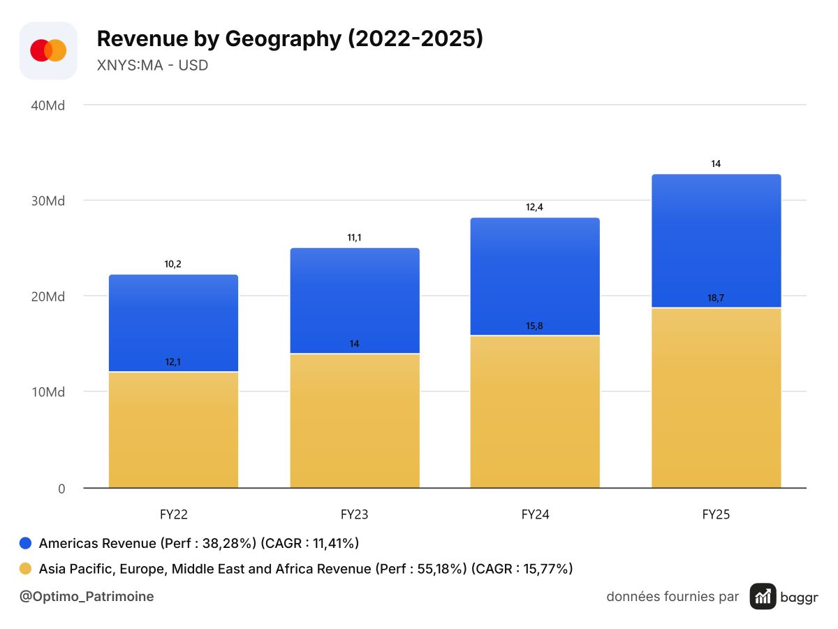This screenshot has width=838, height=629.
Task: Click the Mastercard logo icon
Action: pyautogui.click(x=48, y=50)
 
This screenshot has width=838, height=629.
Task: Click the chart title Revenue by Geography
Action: pyautogui.click(x=219, y=39)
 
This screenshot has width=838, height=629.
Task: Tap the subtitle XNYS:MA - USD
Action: pyautogui.click(x=152, y=65)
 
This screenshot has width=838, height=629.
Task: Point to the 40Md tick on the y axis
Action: pyautogui.click(x=48, y=106)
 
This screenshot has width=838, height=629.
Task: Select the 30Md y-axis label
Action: pyautogui.click(x=48, y=201)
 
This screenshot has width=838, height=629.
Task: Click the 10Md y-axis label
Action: pyautogui.click(x=48, y=392)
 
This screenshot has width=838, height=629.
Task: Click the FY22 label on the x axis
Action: pyautogui.click(x=174, y=514)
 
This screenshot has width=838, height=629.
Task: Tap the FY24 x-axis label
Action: pyautogui.click(x=535, y=514)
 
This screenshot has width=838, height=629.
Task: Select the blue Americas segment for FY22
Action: pyautogui.click(x=174, y=323)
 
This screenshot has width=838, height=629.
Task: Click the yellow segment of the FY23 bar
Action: pyautogui.click(x=355, y=421)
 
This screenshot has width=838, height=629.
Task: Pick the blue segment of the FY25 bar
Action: pyautogui.click(x=716, y=240)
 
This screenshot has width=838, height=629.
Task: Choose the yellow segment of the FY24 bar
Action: pyautogui.click(x=535, y=412)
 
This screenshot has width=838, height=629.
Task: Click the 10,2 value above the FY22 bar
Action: pyautogui.click(x=173, y=264)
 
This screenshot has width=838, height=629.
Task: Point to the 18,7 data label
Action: pyautogui.click(x=716, y=298)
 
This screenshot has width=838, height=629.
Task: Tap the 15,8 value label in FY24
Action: pyautogui.click(x=534, y=326)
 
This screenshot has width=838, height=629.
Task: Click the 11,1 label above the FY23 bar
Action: pyautogui.click(x=354, y=238)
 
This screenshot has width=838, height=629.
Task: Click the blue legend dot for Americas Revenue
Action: pyautogui.click(x=26, y=543)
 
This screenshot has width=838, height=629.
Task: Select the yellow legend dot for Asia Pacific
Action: pyautogui.click(x=26, y=569)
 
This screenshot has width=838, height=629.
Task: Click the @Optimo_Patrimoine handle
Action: pyautogui.click(x=87, y=597)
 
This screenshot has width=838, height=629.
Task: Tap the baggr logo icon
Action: pyautogui.click(x=763, y=597)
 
